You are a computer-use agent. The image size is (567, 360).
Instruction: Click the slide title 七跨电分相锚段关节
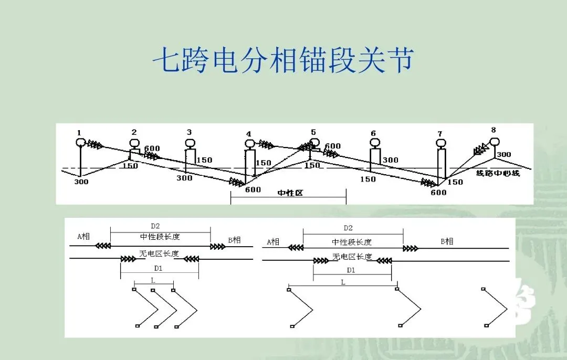click(x=283, y=61)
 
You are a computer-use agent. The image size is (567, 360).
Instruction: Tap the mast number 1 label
click(x=79, y=132)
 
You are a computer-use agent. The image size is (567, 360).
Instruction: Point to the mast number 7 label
click(x=439, y=134)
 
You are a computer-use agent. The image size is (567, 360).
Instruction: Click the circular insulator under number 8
click(x=494, y=141)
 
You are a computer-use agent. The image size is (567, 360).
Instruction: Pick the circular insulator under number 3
click(x=190, y=143)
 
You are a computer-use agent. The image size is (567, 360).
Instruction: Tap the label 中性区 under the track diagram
click(x=290, y=193)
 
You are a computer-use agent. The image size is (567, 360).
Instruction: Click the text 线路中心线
click(x=498, y=173)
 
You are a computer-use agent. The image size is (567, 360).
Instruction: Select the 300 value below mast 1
click(x=81, y=182)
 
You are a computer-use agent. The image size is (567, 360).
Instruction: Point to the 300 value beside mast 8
click(x=503, y=155)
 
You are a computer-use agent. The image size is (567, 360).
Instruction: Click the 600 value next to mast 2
click(x=152, y=149)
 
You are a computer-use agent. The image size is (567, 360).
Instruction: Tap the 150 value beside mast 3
click(x=204, y=160)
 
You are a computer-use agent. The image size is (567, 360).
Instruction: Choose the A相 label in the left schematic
click(x=83, y=236)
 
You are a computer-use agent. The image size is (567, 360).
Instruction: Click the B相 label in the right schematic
click(x=446, y=241)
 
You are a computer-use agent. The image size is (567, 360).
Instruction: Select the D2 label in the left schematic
click(x=155, y=226)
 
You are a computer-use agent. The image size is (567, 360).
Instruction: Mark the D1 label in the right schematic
click(x=351, y=270)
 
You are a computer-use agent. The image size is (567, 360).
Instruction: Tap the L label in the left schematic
click(x=153, y=280)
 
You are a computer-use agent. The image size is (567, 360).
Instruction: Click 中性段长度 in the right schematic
click(x=352, y=242)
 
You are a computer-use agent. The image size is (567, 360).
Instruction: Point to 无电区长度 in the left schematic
click(x=159, y=253)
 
